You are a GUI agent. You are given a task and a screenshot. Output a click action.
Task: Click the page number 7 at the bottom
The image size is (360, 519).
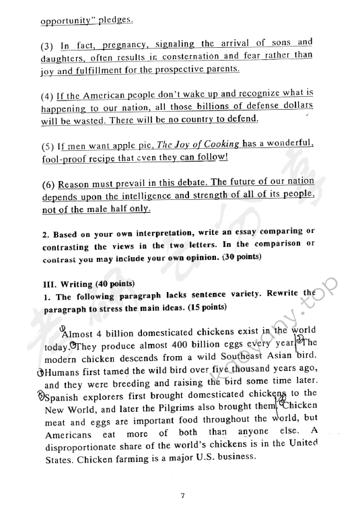pyautogui.click(x=182, y=495)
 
